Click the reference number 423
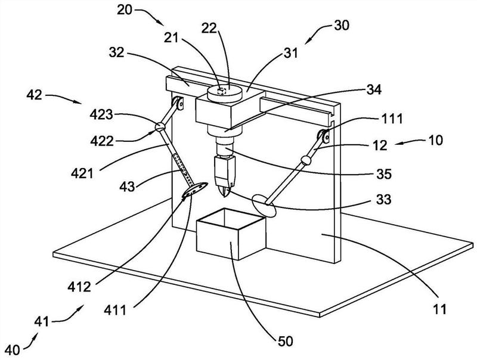click(101, 115)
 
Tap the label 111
click(392, 119)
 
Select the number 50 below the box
click(285, 341)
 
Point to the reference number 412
click(79, 287)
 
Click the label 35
click(383, 174)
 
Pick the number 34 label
click(374, 89)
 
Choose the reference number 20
click(125, 10)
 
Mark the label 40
click(13, 350)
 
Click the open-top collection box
click(231, 234)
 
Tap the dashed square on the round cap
click(222, 91)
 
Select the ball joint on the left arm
click(160, 126)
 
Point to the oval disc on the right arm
click(264, 206)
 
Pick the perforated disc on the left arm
click(195, 190)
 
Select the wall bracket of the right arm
click(324, 136)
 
